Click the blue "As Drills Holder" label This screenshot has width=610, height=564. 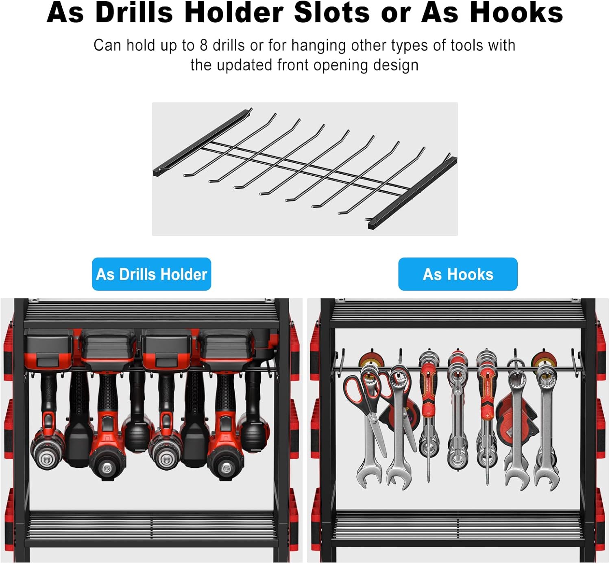coord(151,274)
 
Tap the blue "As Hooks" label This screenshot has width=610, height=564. coord(457,274)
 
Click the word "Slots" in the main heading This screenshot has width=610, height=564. coord(332,13)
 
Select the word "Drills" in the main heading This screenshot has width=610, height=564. coord(134,13)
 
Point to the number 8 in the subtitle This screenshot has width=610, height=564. coord(204,45)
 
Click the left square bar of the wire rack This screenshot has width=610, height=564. coord(203,142)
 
